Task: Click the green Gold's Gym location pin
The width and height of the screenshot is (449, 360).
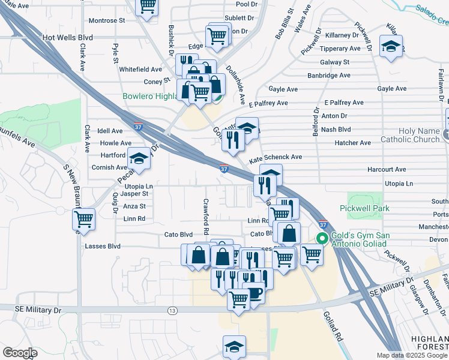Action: click(322, 239)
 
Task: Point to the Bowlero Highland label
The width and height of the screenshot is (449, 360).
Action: click(149, 96)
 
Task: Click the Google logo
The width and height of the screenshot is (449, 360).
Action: click(20, 353)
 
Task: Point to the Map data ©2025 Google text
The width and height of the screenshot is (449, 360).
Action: click(411, 355)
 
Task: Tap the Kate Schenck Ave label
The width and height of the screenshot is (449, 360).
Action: click(275, 157)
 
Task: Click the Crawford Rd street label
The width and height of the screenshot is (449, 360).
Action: click(206, 217)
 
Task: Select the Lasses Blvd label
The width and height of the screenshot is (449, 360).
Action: click(103, 246)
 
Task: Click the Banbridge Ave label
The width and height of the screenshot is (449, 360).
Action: click(328, 76)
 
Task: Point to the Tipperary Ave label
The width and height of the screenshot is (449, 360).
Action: click(340, 49)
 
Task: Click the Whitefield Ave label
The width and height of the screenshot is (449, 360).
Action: click(140, 70)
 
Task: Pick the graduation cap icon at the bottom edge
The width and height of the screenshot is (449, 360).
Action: click(234, 346)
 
